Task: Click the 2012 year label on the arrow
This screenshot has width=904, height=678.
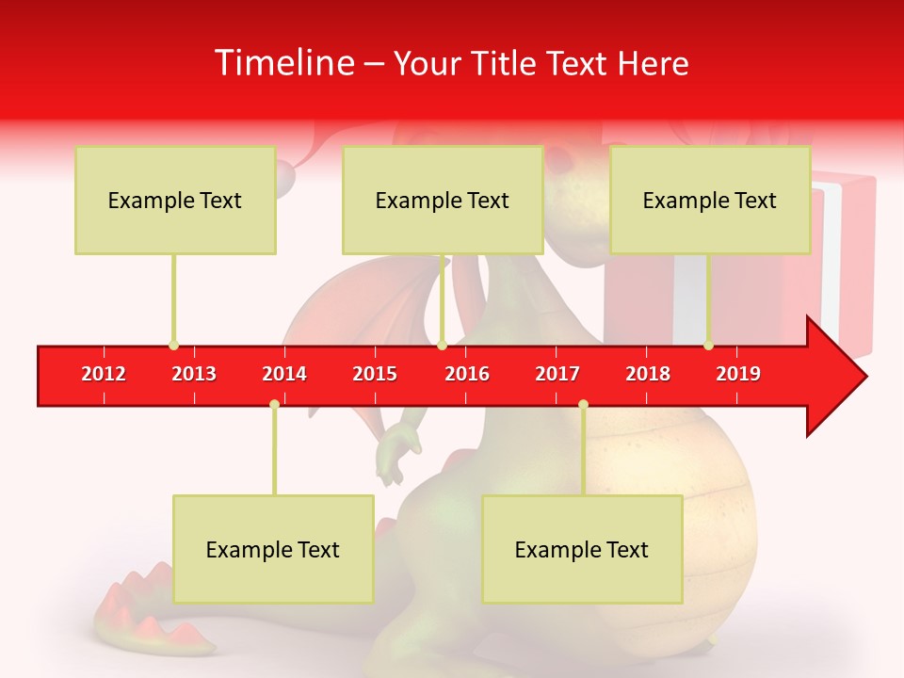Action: tap(104, 374)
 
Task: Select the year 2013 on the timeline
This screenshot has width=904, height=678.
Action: tap(194, 374)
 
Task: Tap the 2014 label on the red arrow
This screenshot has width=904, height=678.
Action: tap(284, 374)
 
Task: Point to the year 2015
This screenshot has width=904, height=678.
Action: tap(375, 374)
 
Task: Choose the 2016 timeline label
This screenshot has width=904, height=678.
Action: tap(467, 374)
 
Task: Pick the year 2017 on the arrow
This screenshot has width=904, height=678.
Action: tap(557, 374)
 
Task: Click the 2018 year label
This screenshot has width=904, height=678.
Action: tap(648, 374)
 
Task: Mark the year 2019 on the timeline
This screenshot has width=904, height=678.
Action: tap(738, 374)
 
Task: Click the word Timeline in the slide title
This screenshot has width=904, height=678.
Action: tap(283, 63)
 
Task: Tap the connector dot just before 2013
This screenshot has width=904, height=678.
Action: tap(173, 345)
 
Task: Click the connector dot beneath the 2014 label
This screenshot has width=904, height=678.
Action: tap(274, 404)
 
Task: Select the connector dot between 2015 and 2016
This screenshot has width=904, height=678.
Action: tap(442, 345)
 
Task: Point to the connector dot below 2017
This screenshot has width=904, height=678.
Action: tap(583, 404)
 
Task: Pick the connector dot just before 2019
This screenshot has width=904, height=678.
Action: tap(708, 345)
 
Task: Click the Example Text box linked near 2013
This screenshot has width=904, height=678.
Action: tap(175, 200)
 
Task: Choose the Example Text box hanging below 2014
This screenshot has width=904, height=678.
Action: tap(273, 549)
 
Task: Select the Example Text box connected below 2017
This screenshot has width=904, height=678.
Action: tap(582, 549)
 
